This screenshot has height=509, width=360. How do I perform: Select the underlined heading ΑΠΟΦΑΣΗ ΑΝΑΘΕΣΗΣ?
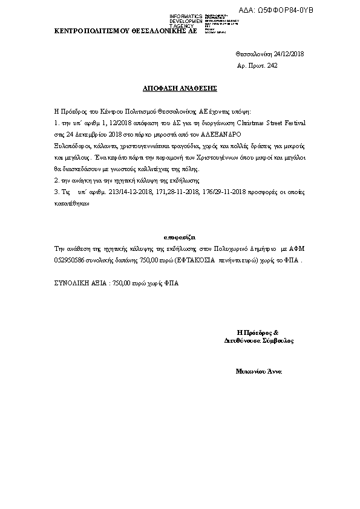[179, 88]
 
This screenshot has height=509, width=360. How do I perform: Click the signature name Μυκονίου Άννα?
[258, 370]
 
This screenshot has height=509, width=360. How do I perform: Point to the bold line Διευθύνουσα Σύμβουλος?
[258, 341]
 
